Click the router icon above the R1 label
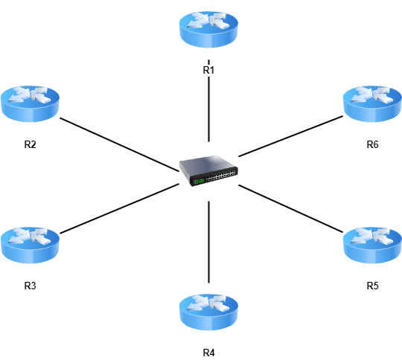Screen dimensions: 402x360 pos(208,30)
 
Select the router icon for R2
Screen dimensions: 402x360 pos(30,104)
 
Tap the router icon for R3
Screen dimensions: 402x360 pos(30,245)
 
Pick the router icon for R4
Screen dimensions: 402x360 pos(208,312)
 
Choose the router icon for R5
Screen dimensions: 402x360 pos(372,245)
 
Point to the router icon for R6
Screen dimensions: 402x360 pos(372,104)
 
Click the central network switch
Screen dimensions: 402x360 pos(208,170)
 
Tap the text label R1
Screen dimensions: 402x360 pos(208,70)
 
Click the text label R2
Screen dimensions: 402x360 pos(30,144)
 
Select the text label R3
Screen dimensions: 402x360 pos(30,286)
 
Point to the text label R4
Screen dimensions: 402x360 pos(208,353)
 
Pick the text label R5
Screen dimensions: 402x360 pos(372,286)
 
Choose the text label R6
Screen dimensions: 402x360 pos(372,144)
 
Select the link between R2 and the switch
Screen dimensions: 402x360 pos(119,144)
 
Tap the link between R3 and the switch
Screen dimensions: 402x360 pos(119,208)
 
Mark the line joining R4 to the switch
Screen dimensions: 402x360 pos(208,242)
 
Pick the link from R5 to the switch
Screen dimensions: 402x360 pos(291,208)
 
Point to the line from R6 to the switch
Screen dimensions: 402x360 pos(291,136)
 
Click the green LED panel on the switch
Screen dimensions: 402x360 pos(199,181)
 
